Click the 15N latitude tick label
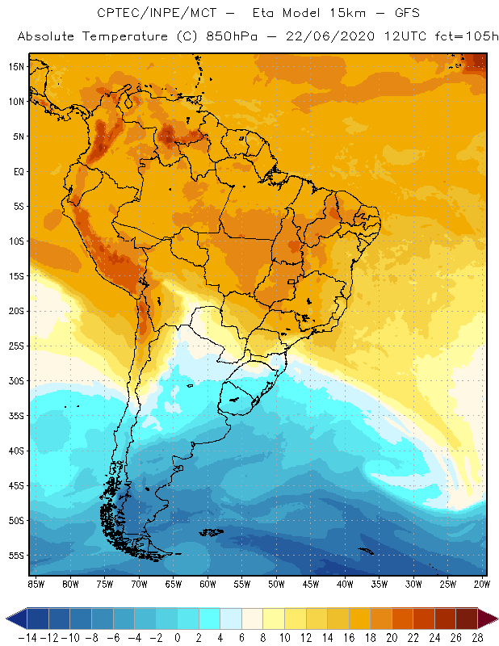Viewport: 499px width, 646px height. (x=16, y=66)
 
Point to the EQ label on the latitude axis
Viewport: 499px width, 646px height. (x=18, y=171)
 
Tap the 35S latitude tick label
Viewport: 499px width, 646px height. (x=16, y=416)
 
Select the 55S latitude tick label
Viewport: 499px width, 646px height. (x=16, y=556)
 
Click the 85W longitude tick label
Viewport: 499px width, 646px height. (x=36, y=584)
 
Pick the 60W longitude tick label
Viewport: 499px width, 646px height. (x=208, y=584)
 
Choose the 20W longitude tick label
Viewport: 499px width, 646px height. (x=481, y=584)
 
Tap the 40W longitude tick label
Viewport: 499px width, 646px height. (x=345, y=584)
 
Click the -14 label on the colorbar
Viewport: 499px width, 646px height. (x=27, y=638)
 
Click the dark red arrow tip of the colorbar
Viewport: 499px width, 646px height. (x=488, y=619)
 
